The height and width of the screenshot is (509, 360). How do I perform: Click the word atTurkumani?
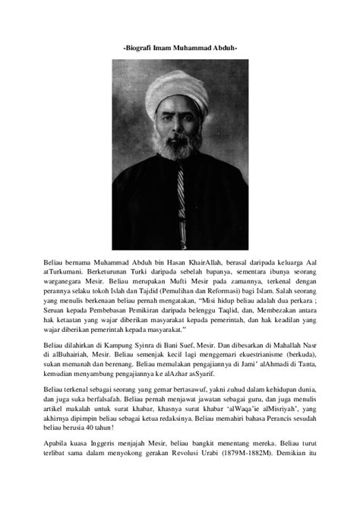tap(68, 270)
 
